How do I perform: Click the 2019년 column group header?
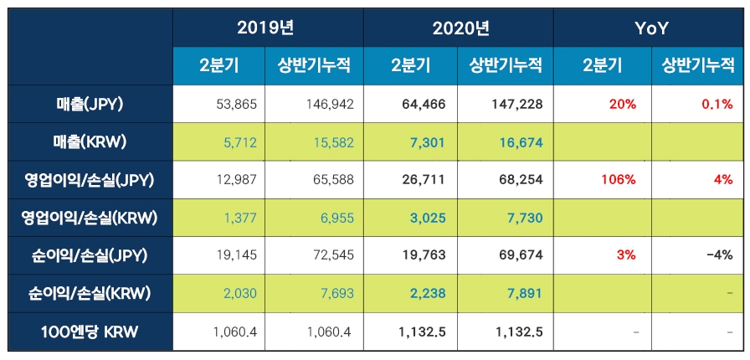268,28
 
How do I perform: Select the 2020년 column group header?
459,28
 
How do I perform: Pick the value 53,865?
236,105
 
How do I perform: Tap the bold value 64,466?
426,105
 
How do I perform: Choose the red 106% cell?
618,180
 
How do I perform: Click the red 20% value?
623,105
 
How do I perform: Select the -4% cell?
719,255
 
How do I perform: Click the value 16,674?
521,142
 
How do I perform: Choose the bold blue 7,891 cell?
524,294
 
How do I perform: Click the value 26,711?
426,180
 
